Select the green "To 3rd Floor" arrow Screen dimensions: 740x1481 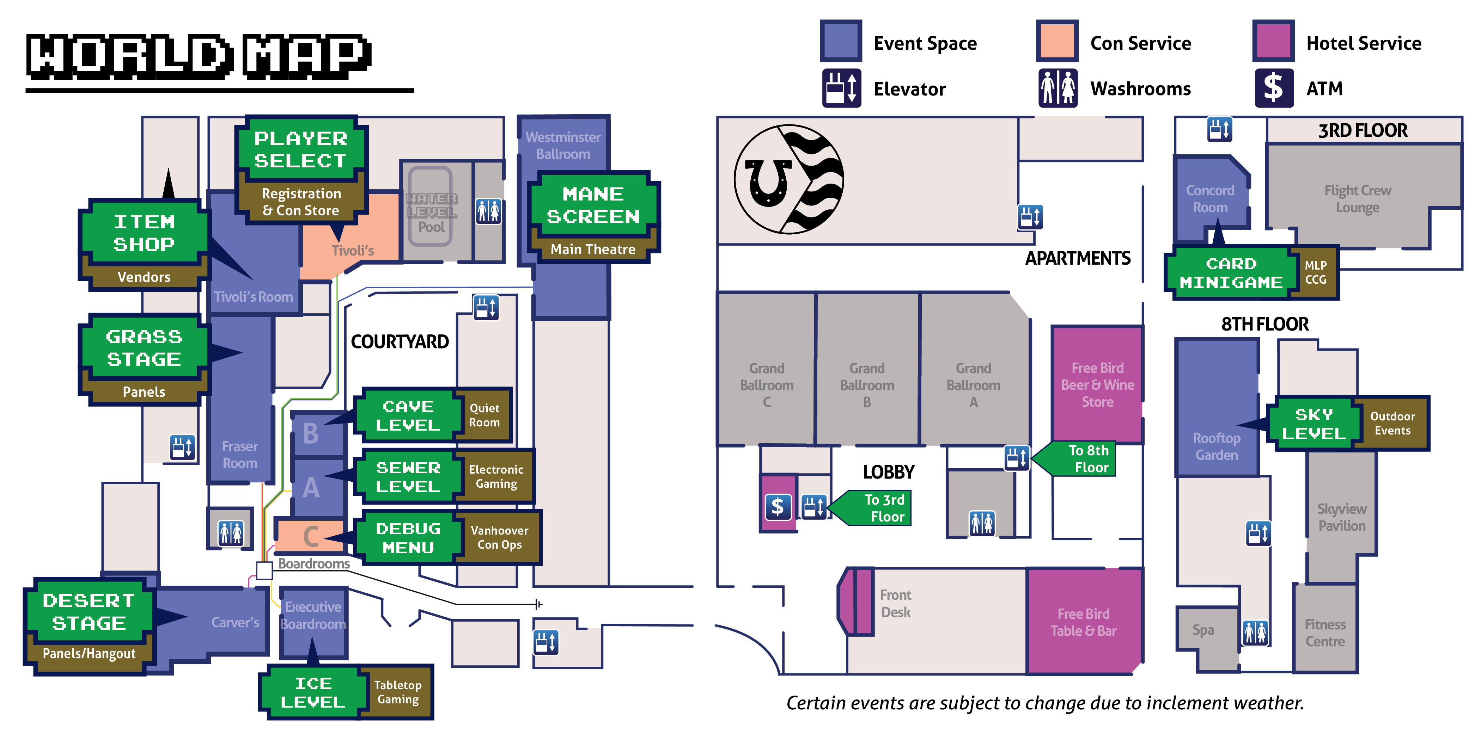(x=871, y=508)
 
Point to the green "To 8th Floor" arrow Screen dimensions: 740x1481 (x=1075, y=458)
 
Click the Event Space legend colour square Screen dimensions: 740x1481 (x=841, y=41)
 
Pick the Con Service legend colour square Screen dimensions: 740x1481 (x=1057, y=41)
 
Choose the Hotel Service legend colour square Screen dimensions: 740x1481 (x=1273, y=41)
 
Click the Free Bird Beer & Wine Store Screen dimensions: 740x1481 (x=1097, y=384)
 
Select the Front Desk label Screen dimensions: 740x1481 (x=895, y=603)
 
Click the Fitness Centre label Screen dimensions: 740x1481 (x=1325, y=633)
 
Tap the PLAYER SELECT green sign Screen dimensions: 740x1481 (x=301, y=149)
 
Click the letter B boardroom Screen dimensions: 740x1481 (x=311, y=434)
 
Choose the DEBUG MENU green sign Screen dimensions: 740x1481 (x=408, y=538)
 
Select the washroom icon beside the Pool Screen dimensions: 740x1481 (x=489, y=211)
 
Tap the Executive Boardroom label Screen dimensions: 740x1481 (x=313, y=615)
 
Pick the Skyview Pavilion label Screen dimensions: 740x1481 (x=1341, y=517)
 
